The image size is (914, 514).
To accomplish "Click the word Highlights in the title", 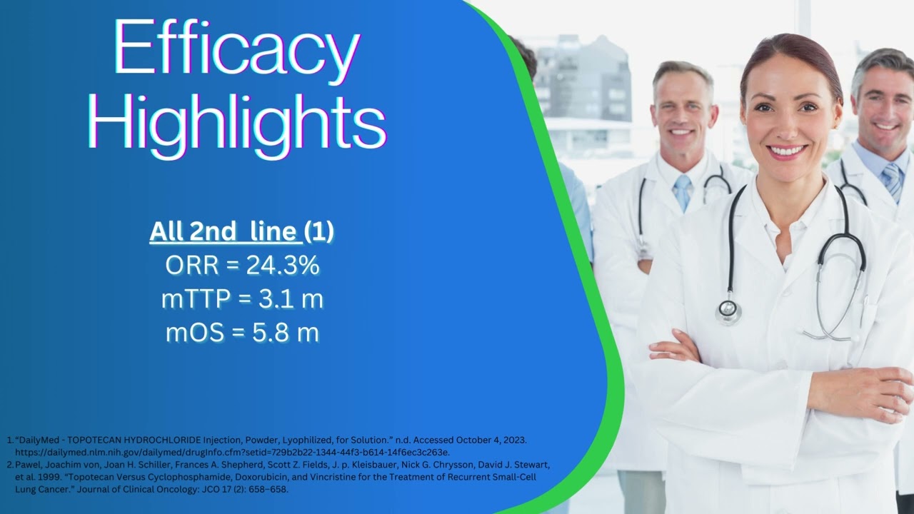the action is click(236, 122).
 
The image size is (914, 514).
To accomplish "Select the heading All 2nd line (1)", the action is click(241, 231).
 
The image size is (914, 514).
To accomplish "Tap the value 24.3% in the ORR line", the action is click(283, 265).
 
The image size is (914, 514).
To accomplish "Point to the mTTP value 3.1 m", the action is click(291, 298).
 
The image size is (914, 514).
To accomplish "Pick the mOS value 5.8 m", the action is click(285, 333).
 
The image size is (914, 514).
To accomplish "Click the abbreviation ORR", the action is click(192, 265).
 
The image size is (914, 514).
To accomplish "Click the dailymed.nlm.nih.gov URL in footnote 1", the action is click(232, 453).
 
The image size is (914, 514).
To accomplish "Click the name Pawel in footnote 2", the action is click(28, 465).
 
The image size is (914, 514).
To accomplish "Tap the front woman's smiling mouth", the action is click(787, 151).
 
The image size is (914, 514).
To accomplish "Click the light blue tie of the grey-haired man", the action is click(682, 192).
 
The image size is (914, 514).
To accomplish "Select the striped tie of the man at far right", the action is click(892, 181).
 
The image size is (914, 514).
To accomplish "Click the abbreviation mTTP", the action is click(196, 299).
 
